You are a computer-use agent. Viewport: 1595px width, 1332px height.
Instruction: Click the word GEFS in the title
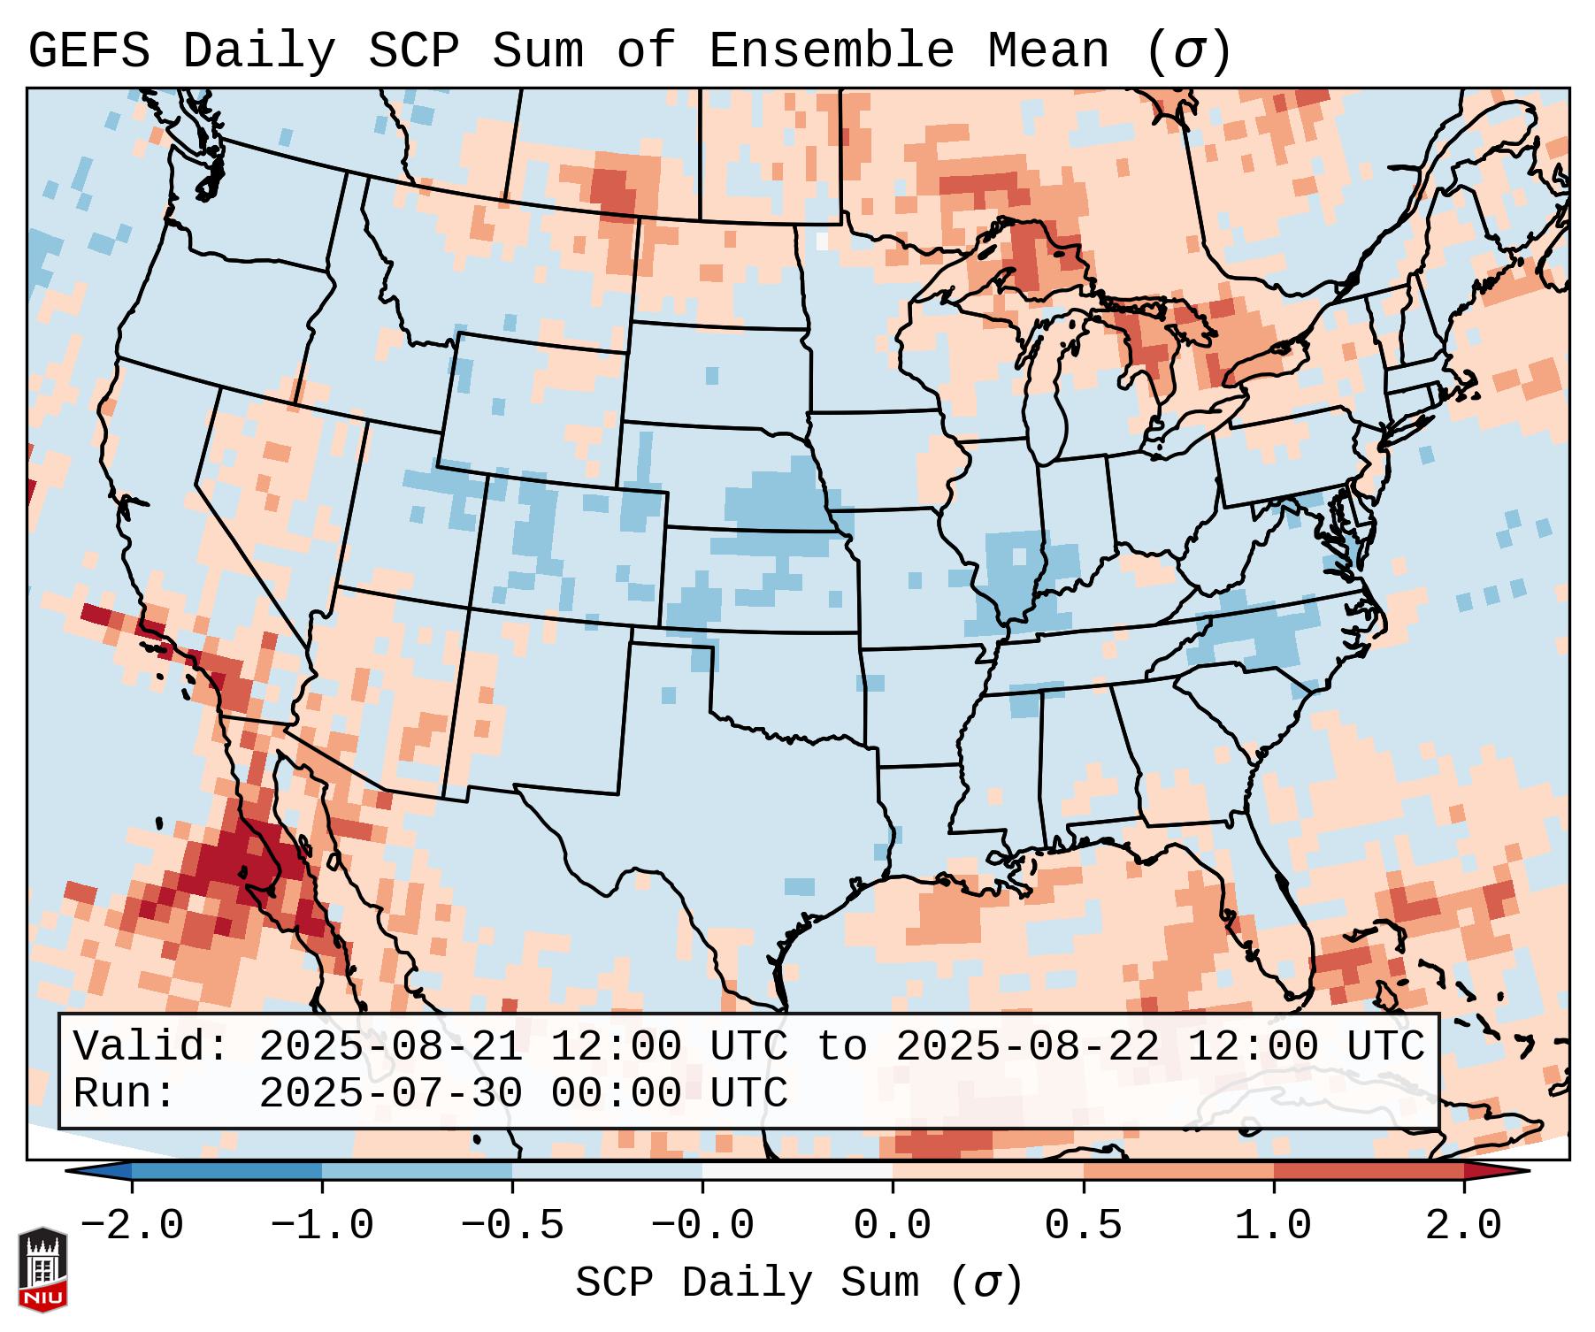coord(88,51)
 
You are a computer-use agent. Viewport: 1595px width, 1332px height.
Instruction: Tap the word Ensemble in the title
coord(832,51)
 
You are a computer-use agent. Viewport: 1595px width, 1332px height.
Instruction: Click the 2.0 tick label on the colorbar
coord(1463,1226)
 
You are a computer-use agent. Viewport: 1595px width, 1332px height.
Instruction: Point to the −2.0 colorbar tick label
coord(132,1226)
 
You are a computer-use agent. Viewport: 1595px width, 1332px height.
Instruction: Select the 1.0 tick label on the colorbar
coord(1273,1226)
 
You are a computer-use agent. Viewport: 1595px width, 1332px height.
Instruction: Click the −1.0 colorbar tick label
coord(322,1226)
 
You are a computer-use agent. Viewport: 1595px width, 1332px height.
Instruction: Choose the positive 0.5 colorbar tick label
coord(1083,1226)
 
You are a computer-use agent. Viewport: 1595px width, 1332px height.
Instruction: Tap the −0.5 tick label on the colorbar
coord(512,1226)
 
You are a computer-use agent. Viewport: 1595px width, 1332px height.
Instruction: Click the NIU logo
coord(42,1269)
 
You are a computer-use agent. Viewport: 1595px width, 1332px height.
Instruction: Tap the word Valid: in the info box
coord(151,1047)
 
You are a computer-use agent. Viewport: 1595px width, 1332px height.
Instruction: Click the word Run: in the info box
coord(125,1093)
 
